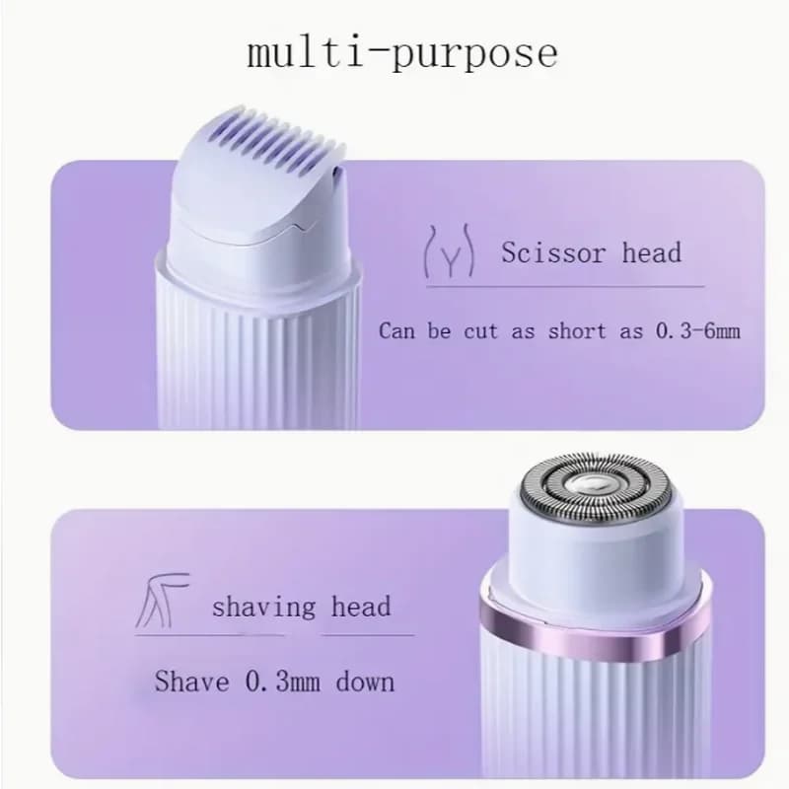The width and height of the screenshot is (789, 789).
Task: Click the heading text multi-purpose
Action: click(x=401, y=52)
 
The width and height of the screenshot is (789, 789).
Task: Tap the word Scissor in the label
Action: click(x=552, y=252)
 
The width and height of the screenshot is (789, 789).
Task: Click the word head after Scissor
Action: click(x=652, y=252)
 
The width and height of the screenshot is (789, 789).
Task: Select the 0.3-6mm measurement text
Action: click(x=697, y=330)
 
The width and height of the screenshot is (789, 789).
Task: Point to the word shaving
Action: click(x=263, y=607)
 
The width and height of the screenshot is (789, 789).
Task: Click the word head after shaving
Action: click(x=361, y=607)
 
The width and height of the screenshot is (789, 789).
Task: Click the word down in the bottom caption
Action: click(x=365, y=681)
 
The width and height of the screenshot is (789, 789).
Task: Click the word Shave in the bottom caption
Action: click(x=192, y=681)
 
